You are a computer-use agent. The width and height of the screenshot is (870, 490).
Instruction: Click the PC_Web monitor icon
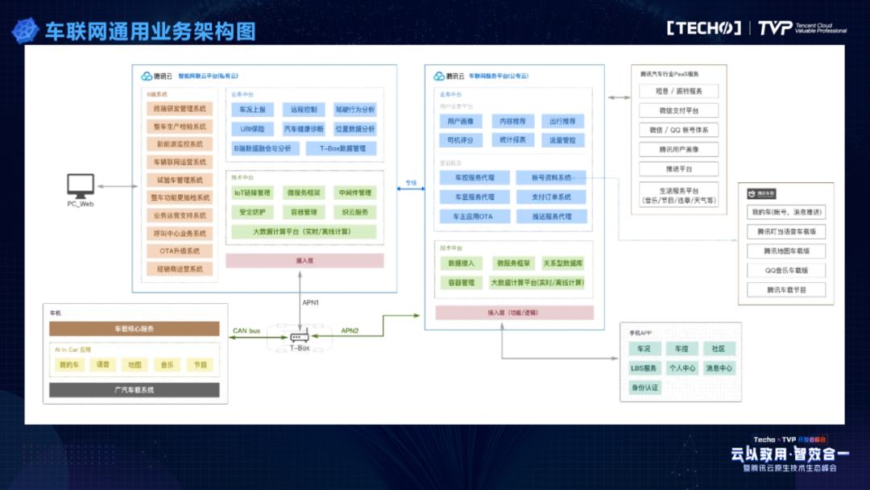tap(81, 186)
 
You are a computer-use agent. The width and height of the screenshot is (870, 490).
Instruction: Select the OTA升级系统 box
tap(180, 251)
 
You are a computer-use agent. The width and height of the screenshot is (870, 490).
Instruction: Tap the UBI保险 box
tap(252, 129)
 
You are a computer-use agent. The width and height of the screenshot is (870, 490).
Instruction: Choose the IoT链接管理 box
tap(252, 193)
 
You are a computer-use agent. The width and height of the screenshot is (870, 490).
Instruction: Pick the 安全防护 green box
tap(252, 212)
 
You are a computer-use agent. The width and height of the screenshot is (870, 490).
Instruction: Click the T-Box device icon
tap(299, 338)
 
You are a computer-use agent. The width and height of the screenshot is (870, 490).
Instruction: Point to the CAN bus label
tap(246, 330)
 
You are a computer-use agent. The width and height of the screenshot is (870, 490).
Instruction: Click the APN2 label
tap(350, 330)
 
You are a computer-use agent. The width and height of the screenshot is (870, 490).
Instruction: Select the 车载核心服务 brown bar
tap(134, 329)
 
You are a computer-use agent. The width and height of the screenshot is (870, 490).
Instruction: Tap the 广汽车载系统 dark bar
tap(134, 390)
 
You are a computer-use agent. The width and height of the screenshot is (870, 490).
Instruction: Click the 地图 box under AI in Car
tap(134, 365)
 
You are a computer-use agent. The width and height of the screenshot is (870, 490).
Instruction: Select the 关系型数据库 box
tap(562, 264)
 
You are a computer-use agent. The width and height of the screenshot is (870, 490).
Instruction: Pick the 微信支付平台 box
tap(678, 110)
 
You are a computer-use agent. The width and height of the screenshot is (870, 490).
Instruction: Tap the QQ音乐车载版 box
tap(786, 271)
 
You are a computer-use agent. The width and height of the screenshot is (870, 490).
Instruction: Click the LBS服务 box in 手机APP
tap(644, 368)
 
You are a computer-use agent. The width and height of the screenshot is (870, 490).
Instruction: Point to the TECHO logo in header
tap(703, 28)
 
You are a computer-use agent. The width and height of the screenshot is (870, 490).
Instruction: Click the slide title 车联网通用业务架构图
tap(150, 31)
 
